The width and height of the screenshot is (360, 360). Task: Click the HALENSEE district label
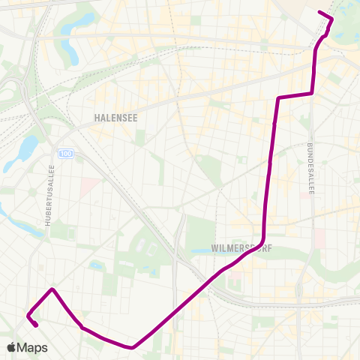(115, 118)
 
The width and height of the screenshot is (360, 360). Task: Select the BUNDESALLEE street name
(310, 169)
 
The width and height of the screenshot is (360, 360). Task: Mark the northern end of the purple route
(320, 12)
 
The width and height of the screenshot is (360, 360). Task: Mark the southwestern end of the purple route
(36, 325)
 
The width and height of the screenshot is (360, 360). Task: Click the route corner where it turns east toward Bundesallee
(279, 98)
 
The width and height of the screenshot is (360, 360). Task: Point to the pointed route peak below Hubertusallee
(52, 289)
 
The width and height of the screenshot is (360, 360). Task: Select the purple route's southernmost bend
(133, 347)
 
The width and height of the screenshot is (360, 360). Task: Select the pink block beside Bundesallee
(320, 238)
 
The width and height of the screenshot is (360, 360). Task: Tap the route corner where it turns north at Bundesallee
(311, 93)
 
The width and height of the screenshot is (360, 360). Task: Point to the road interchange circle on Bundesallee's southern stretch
(301, 300)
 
